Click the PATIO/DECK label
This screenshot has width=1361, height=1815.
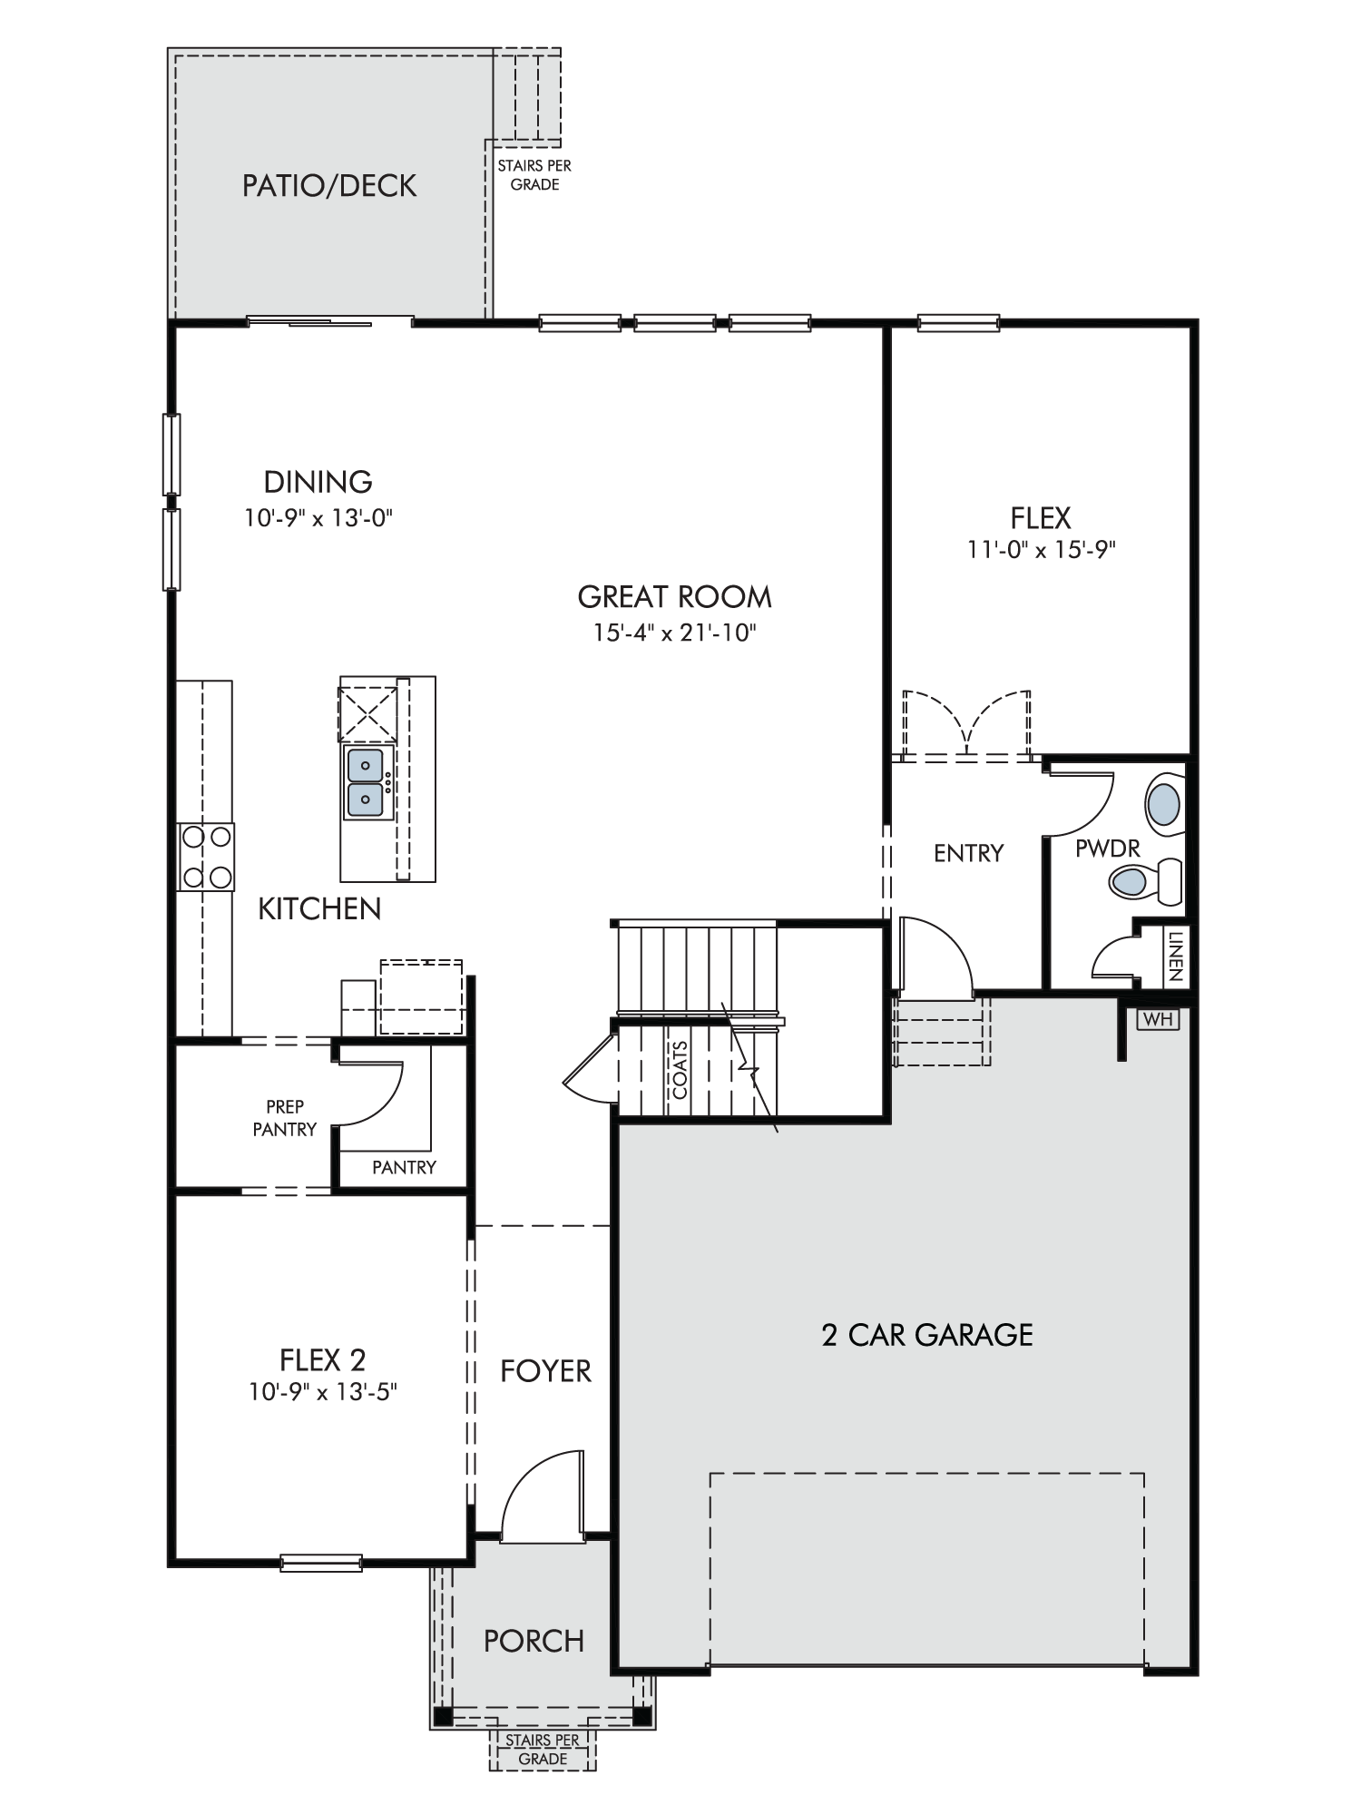pos(328,186)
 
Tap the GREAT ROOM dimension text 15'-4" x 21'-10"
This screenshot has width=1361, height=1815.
pos(675,633)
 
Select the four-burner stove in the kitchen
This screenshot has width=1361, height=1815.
pos(206,857)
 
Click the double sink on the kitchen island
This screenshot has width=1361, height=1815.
pos(367,782)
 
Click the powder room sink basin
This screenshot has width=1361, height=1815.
pos(1164,804)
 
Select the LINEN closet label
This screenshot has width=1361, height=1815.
pos(1175,956)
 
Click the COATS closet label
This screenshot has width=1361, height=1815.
pos(680,1070)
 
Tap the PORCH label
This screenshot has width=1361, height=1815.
pos(534,1641)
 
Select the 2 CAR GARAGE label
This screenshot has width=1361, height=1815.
pos(927,1335)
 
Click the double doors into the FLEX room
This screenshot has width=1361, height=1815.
pos(967,723)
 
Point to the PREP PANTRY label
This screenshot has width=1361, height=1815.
pos(285,1118)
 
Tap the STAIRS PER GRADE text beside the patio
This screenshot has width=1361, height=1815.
pos(534,175)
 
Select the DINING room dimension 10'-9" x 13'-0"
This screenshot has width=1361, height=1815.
pos(318,518)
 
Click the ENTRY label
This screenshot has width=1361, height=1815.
pos(969,853)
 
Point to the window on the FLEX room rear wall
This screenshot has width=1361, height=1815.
pos(958,322)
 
